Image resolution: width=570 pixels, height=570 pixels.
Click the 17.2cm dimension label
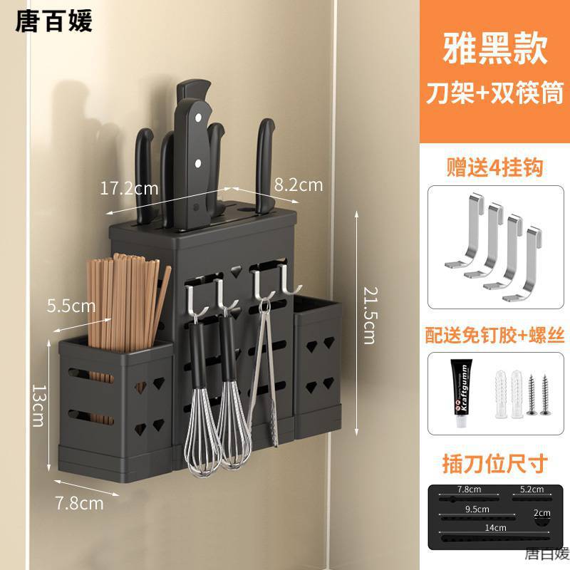[129, 189]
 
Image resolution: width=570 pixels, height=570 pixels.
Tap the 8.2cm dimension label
[298, 185]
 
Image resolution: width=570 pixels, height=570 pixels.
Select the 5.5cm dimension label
[71, 306]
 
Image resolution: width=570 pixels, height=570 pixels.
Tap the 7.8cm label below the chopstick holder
[80, 503]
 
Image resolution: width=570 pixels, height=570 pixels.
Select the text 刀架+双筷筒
[494, 93]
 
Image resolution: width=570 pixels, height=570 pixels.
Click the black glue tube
[460, 392]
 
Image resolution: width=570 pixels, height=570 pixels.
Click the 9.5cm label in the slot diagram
[477, 509]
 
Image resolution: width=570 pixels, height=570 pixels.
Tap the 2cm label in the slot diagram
[542, 513]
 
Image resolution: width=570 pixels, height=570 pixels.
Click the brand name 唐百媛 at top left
[54, 21]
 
